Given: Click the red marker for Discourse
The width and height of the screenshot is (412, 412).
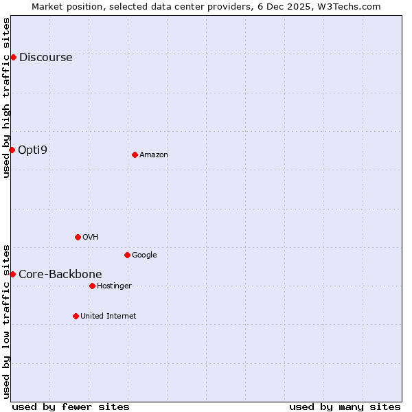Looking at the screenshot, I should point(13,57).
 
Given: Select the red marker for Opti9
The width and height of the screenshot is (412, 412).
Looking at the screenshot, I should point(12,150).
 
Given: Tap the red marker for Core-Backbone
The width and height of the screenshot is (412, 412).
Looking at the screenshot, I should point(12,274).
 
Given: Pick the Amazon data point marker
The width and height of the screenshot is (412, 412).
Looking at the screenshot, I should point(135,154).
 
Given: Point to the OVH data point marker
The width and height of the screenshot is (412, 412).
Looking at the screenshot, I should point(78,237).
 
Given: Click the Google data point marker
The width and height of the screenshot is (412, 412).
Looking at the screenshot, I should point(127,255).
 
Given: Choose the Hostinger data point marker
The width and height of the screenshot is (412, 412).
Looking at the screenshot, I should point(92,286).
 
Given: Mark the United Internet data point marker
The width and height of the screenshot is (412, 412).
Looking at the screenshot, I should point(76,316).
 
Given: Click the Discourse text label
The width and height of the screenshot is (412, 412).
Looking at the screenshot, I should point(45,57).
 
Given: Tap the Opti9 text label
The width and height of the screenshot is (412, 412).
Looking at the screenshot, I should point(32,150).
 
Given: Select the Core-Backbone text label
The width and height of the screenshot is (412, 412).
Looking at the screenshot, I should point(60,274).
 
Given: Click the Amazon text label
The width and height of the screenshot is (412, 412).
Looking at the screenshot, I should point(153,154).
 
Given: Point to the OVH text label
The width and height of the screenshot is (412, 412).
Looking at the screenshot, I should point(90,237).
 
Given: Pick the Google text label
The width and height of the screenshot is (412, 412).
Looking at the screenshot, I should point(144,255).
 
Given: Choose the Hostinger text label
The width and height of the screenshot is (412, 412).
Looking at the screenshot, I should point(114,286).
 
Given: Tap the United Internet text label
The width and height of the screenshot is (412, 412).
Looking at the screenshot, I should point(108,316).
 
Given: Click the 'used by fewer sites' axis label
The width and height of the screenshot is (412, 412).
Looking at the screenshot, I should point(71,407).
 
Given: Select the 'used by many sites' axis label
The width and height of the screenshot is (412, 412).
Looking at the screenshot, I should point(345,407).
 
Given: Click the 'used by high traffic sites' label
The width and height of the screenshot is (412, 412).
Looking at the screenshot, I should point(6,98).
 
